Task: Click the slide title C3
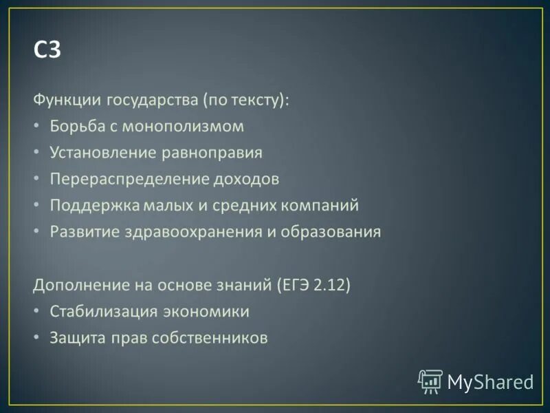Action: tap(47, 52)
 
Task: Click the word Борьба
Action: tap(74, 127)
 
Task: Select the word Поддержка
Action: tap(94, 205)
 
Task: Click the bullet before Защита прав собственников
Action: tap(37, 338)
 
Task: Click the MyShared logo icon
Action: tap(430, 381)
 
